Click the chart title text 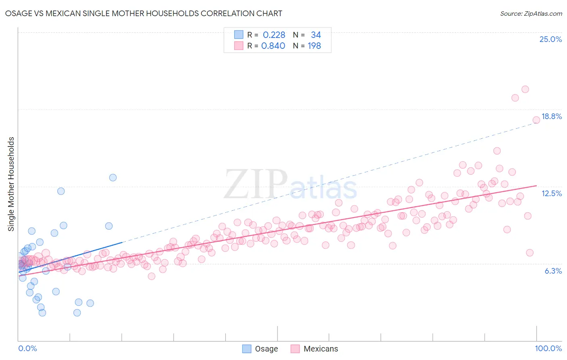144,13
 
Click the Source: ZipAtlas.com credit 531,13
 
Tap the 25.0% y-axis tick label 550,39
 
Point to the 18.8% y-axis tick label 551,116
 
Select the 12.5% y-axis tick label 551,193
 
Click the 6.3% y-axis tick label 553,271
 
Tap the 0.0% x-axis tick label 27,348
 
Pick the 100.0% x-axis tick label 548,348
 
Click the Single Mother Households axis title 11,184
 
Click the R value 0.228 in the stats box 274,35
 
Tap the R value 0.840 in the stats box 273,46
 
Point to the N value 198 314,46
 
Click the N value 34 316,35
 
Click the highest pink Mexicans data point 525,89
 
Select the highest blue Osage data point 113,178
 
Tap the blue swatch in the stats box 239,35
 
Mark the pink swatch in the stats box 239,46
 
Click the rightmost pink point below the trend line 529,253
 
